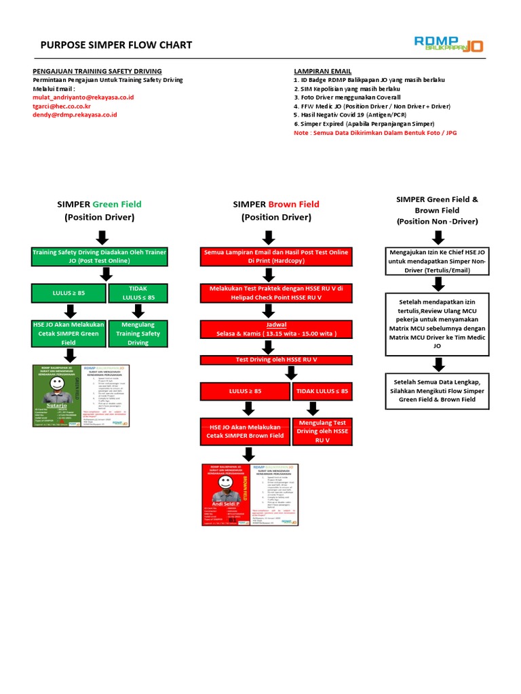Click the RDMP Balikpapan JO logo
[x=448, y=43]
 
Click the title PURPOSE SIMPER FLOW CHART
[x=116, y=45]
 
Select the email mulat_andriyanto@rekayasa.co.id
[x=83, y=98]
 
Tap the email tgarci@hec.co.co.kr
[x=62, y=106]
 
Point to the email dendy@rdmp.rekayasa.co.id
[x=75, y=115]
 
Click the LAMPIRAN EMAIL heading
[x=322, y=71]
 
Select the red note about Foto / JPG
[x=375, y=133]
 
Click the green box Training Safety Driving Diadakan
[x=100, y=256]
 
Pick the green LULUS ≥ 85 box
[x=69, y=293]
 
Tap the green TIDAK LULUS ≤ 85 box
[x=138, y=293]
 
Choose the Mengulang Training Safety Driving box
[x=138, y=333]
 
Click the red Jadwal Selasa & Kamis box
[x=276, y=329]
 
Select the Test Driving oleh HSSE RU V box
[x=276, y=359]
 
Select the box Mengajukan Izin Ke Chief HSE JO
[x=439, y=261]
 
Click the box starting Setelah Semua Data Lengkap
[x=438, y=390]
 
